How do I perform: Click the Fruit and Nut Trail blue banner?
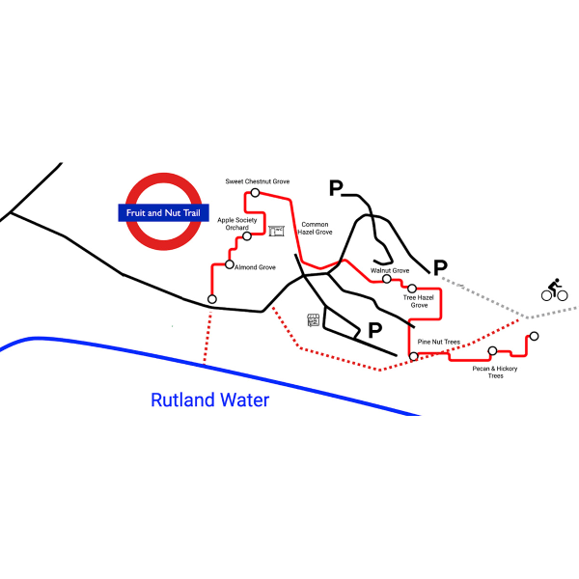pos(163,212)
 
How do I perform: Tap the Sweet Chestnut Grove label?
pos(258,181)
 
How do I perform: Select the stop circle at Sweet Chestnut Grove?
pos(255,192)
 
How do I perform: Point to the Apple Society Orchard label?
pos(237,224)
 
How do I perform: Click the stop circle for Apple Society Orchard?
pos(247,236)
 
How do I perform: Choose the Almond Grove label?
pos(255,267)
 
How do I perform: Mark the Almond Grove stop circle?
pos(230,264)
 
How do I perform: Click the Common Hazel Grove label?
pos(315,228)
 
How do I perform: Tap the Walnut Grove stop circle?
pos(387,279)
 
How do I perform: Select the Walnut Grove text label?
pos(390,270)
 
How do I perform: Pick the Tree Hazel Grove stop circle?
pos(412,288)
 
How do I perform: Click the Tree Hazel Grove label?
pos(419,301)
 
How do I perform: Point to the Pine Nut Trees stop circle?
pos(414,356)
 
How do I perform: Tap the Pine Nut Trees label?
pos(439,342)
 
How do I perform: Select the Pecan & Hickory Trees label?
pos(495,372)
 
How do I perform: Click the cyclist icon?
pos(554,289)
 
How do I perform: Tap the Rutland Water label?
pos(210,400)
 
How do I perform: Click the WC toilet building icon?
pos(276,231)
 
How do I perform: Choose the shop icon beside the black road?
pos(313,320)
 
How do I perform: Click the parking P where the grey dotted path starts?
pos(440,267)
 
